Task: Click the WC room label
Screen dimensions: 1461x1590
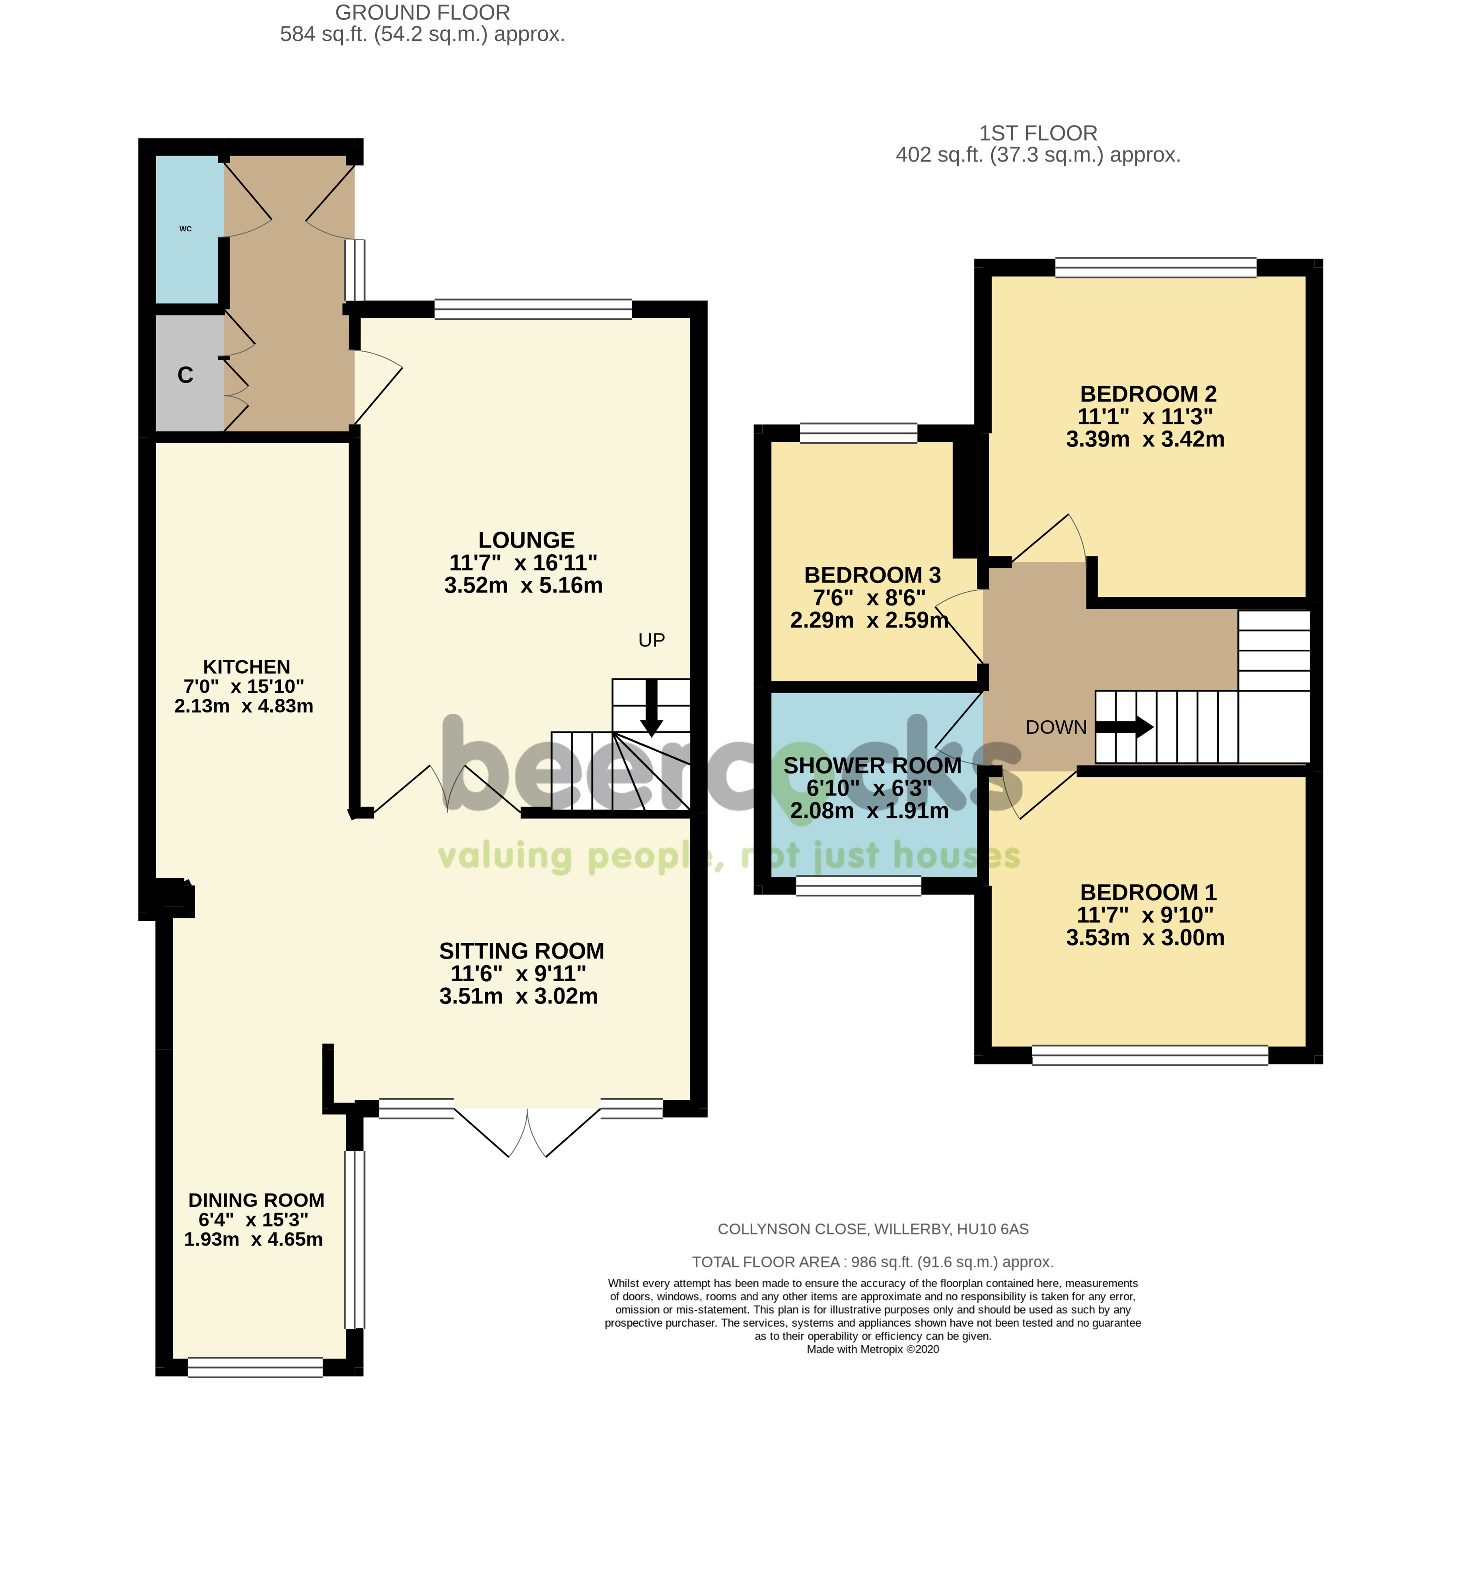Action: [x=186, y=229]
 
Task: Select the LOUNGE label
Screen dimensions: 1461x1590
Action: [x=527, y=540]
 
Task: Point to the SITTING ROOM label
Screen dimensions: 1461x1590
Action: [x=522, y=951]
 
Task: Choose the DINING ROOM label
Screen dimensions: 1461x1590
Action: [x=256, y=1200]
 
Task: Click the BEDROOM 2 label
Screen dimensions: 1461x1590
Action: [x=1148, y=394]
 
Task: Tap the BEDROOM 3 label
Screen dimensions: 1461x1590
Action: [x=873, y=575]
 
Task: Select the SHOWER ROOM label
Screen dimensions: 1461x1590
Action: [x=873, y=765]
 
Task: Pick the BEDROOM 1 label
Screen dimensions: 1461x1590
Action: [x=1148, y=893]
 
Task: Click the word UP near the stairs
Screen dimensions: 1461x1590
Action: [x=652, y=640]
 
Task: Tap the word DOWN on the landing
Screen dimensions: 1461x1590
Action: [x=1056, y=727]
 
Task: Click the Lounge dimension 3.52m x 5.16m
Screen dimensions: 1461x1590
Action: [x=523, y=586]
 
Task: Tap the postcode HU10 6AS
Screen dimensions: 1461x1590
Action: [x=993, y=1230]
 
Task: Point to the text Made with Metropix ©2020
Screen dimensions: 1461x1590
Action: [x=873, y=1350]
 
